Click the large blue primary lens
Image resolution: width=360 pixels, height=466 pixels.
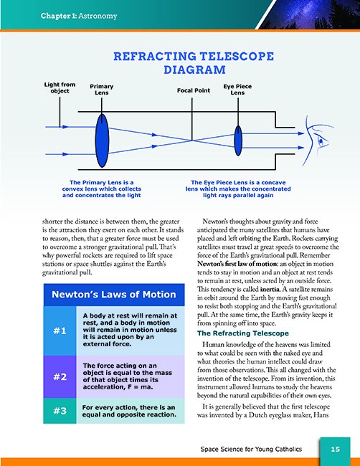[x=102, y=141]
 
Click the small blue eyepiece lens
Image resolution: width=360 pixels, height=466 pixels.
[x=238, y=141]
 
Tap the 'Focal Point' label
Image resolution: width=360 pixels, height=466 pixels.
[x=194, y=90]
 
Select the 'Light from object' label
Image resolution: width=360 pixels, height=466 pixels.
[x=60, y=87]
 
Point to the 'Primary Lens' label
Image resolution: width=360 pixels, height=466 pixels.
[x=102, y=90]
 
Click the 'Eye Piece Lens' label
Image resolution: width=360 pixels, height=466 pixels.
[x=237, y=90]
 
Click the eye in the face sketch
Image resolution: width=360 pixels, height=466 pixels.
[x=322, y=141]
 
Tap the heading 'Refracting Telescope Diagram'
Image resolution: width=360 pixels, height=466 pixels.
[x=194, y=62]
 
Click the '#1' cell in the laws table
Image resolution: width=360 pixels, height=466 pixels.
[x=60, y=331]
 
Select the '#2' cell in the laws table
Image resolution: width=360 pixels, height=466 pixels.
[x=60, y=377]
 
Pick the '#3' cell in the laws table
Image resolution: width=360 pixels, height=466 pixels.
[x=60, y=411]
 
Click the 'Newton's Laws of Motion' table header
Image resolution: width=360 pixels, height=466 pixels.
[x=114, y=295]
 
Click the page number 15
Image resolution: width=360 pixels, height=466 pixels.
[x=336, y=449]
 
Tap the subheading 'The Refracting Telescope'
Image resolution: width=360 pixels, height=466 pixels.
[x=243, y=333]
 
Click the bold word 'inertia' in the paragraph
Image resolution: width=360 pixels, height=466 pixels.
[x=270, y=289]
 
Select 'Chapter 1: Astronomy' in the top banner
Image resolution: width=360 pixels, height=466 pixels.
[x=79, y=16]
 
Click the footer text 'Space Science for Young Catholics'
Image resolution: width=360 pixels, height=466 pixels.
[x=251, y=449]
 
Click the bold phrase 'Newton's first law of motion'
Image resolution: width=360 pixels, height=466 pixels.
[x=237, y=264]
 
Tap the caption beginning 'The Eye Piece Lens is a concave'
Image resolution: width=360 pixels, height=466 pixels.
[x=238, y=189]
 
